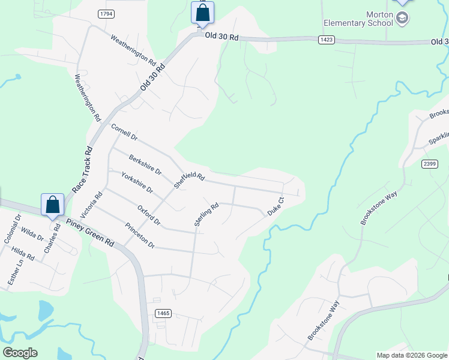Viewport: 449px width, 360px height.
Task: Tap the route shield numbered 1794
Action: [x=106, y=13]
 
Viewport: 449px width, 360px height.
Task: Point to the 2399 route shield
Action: [x=429, y=164]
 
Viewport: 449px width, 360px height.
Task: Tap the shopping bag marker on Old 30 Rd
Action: [x=202, y=13]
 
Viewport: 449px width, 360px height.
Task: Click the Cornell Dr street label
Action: [x=124, y=132]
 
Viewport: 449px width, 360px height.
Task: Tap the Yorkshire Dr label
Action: [x=137, y=182]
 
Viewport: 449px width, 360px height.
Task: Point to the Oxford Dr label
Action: [x=148, y=215]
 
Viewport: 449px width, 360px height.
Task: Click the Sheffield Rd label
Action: [x=189, y=178]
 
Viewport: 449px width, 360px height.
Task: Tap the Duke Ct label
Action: [x=275, y=206]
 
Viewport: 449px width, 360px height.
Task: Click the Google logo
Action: [x=20, y=352]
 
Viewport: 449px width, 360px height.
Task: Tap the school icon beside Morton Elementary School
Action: [x=403, y=19]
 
